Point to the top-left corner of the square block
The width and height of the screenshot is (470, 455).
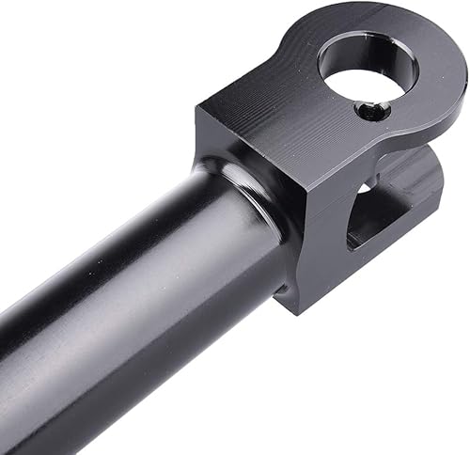pyautogui.click(x=199, y=108)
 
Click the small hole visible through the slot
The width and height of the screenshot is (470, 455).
pyautogui.click(x=362, y=188)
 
